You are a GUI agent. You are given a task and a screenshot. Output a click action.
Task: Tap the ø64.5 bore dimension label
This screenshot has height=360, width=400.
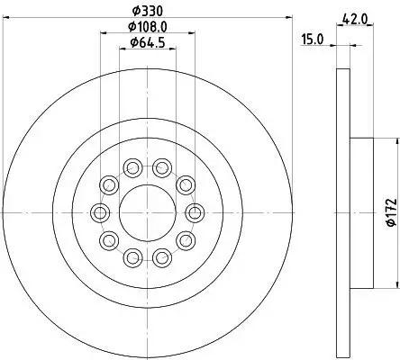(x=147, y=42)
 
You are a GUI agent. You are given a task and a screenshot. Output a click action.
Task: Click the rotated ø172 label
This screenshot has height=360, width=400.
(x=389, y=212)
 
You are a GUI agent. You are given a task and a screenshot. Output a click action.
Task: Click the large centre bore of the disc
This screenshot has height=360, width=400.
(x=147, y=211)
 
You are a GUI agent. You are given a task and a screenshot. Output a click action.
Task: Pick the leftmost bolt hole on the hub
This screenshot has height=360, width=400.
(x=98, y=211)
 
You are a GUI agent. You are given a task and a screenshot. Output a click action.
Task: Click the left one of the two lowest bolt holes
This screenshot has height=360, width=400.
(x=132, y=257)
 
